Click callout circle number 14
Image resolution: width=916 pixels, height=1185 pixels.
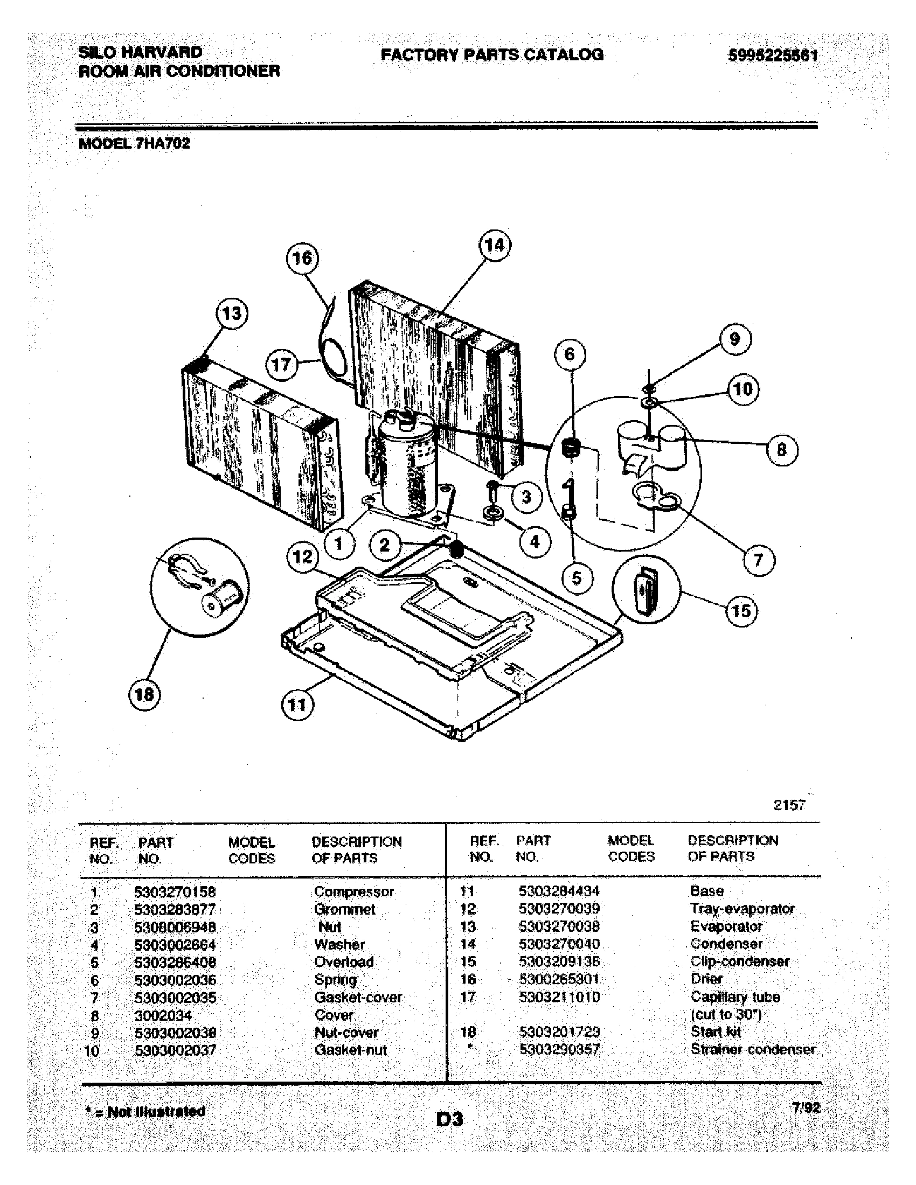(494, 245)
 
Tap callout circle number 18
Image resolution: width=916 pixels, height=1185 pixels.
(144, 694)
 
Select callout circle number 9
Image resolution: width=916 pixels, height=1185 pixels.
(735, 339)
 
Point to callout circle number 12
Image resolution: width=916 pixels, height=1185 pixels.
(302, 556)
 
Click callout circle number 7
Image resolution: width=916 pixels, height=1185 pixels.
(758, 560)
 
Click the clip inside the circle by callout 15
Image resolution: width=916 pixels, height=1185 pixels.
(646, 589)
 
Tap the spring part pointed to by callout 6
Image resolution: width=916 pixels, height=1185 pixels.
(570, 449)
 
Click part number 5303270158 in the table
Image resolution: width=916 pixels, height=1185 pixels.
(175, 892)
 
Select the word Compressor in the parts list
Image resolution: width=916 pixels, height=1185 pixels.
(354, 892)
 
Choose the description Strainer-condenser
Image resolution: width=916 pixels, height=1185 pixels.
(752, 1049)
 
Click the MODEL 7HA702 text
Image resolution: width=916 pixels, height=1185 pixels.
(134, 144)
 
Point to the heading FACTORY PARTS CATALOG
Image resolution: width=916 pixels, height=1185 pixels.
(491, 54)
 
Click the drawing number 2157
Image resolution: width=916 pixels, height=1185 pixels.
(789, 805)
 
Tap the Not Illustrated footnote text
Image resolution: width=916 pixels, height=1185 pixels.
(145, 1112)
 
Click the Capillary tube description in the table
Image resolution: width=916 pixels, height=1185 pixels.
(735, 996)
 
